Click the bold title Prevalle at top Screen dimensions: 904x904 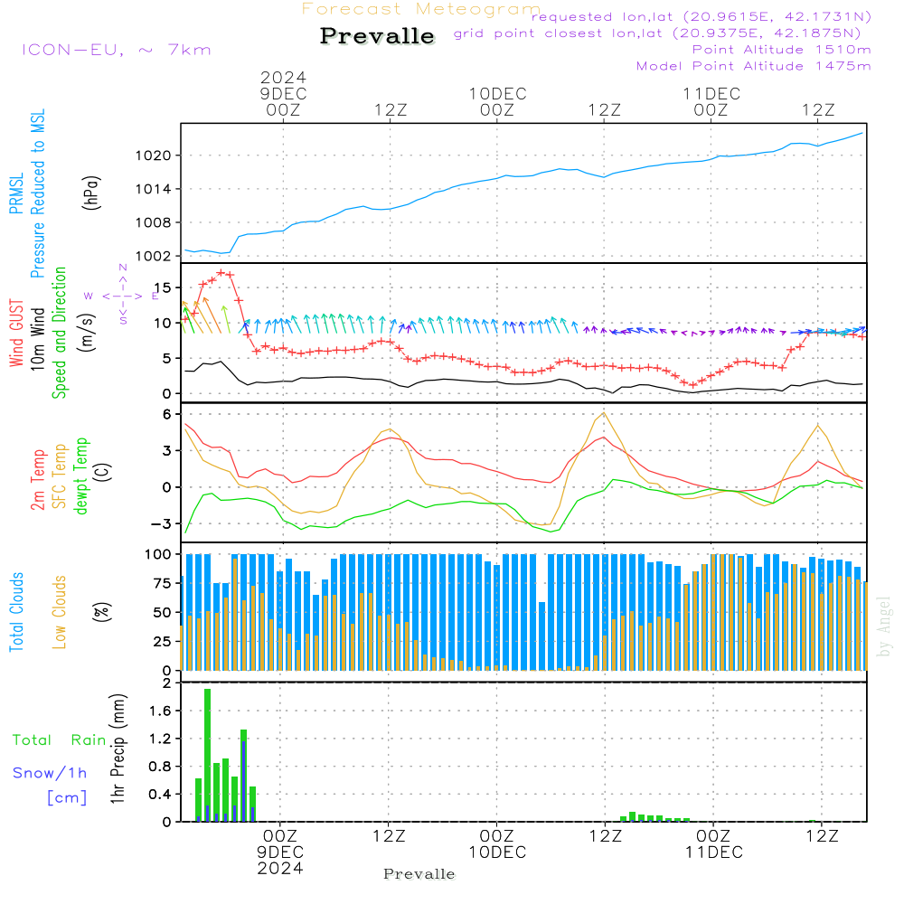(x=377, y=37)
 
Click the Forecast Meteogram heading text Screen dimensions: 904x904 (x=421, y=9)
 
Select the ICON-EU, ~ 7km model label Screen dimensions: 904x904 (x=116, y=50)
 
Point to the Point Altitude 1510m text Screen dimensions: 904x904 (x=781, y=50)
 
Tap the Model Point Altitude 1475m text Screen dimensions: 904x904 (x=753, y=66)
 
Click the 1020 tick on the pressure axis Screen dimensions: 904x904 (x=158, y=155)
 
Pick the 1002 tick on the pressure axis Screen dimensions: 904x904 (x=158, y=256)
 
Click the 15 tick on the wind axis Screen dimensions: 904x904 (x=164, y=287)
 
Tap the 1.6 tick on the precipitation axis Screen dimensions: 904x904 (x=160, y=711)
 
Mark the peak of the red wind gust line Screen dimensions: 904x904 (x=221, y=272)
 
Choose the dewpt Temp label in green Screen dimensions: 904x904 (x=81, y=476)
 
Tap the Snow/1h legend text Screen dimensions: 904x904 (x=50, y=774)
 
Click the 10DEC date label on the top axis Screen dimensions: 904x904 (x=496, y=94)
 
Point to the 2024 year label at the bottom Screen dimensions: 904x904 (x=281, y=868)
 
